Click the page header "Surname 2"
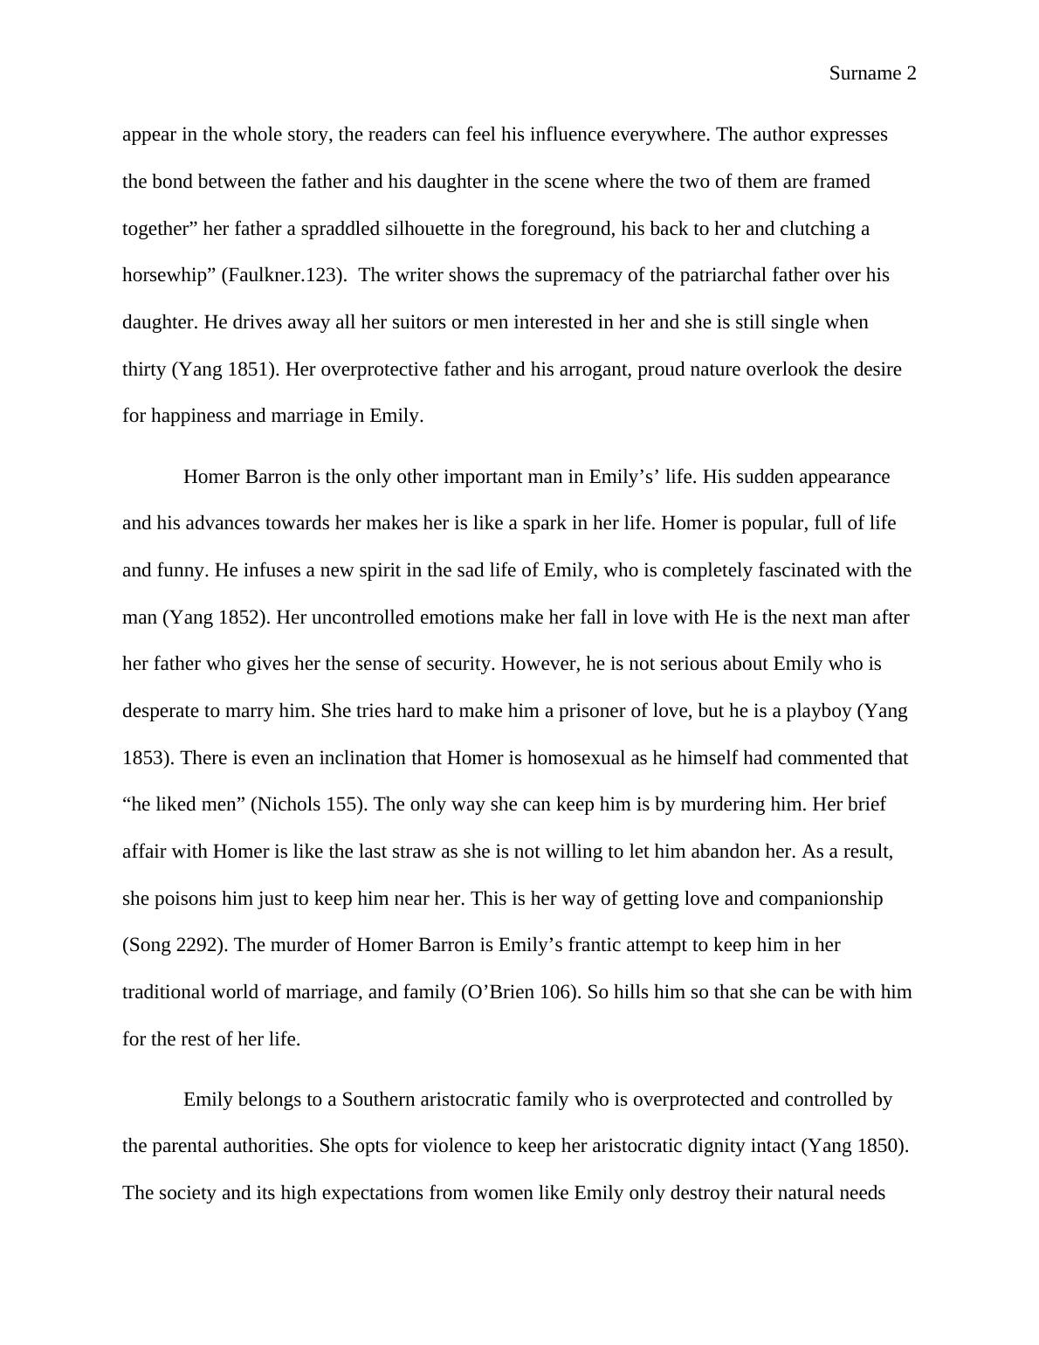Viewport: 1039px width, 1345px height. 871,74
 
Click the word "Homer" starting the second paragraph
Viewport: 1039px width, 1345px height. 210,477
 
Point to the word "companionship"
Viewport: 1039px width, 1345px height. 820,899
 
